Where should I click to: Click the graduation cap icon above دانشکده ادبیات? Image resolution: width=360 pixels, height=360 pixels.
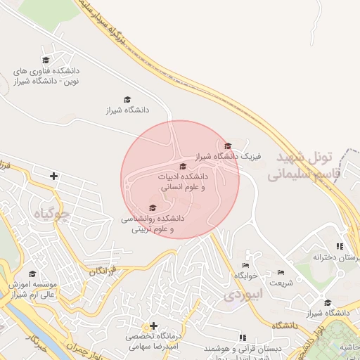click(x=184, y=167)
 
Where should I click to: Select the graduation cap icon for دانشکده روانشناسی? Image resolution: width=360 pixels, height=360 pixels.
click(x=153, y=207)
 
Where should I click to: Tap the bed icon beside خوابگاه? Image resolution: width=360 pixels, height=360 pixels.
click(x=245, y=265)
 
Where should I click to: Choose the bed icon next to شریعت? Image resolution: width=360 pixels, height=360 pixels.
click(x=281, y=273)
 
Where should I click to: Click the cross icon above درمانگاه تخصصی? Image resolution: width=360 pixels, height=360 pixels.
click(x=154, y=326)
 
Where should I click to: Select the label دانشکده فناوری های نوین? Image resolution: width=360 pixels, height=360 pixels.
click(x=48, y=77)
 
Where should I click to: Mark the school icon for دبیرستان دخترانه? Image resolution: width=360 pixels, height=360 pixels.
click(x=340, y=246)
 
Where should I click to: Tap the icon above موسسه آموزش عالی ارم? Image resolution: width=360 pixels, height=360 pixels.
click(x=31, y=274)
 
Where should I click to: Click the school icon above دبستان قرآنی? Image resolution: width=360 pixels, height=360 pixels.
click(x=244, y=337)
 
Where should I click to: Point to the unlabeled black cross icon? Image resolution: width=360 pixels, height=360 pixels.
click(x=54, y=175)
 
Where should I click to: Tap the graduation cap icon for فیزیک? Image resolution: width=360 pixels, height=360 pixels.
click(x=228, y=146)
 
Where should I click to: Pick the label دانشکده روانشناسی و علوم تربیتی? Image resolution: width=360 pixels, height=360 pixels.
click(x=153, y=224)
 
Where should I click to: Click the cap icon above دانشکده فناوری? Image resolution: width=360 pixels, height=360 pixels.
click(x=46, y=60)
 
